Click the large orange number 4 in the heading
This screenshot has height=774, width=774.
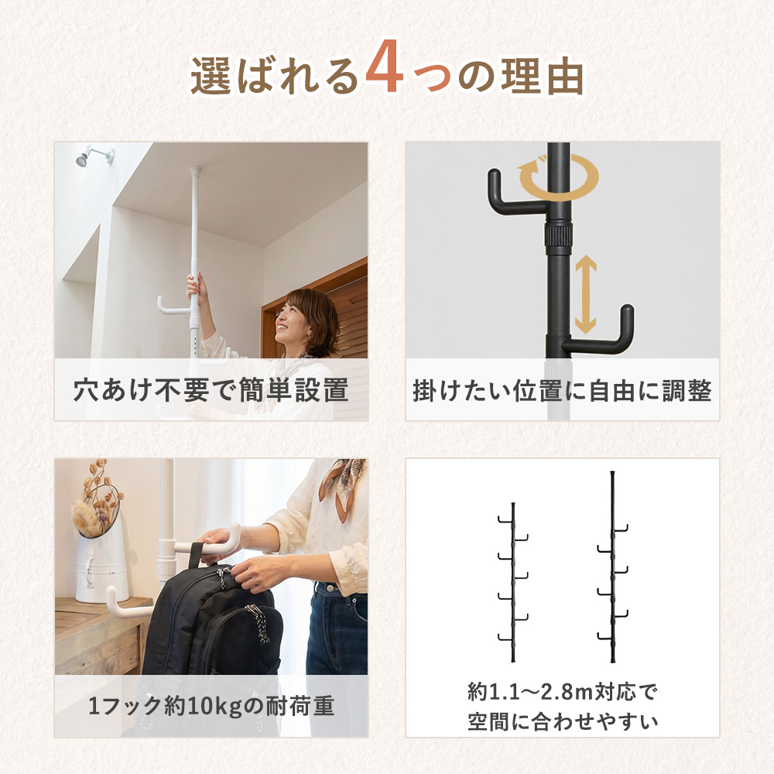(385, 67)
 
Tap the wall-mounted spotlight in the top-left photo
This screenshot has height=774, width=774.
(94, 155)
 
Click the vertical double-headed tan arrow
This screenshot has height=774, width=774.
(586, 294)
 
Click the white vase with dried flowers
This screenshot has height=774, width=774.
(101, 567)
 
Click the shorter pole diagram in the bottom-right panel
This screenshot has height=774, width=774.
(513, 583)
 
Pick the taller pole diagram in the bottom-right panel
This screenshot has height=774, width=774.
(612, 567)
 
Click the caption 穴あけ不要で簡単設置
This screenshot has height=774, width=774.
(211, 390)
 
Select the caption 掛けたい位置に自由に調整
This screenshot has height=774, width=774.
(562, 390)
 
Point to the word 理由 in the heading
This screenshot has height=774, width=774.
(543, 76)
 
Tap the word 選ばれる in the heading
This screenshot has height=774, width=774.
(275, 76)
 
